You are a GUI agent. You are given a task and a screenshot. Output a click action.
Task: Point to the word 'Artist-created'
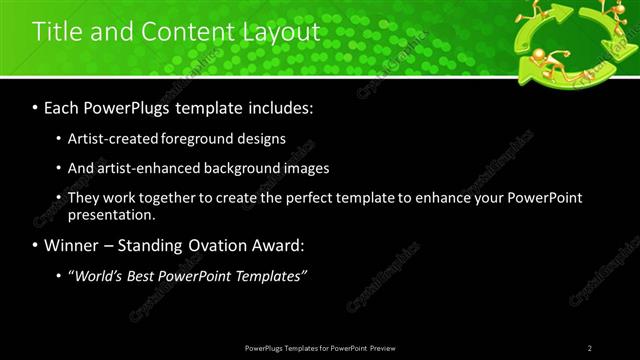pos(110,139)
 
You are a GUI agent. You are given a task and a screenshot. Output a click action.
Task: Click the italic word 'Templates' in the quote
pos(268,275)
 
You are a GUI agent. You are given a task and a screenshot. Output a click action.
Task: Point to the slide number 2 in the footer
pos(589,347)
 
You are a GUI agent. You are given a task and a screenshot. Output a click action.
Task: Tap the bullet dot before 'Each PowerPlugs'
pos(36,106)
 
